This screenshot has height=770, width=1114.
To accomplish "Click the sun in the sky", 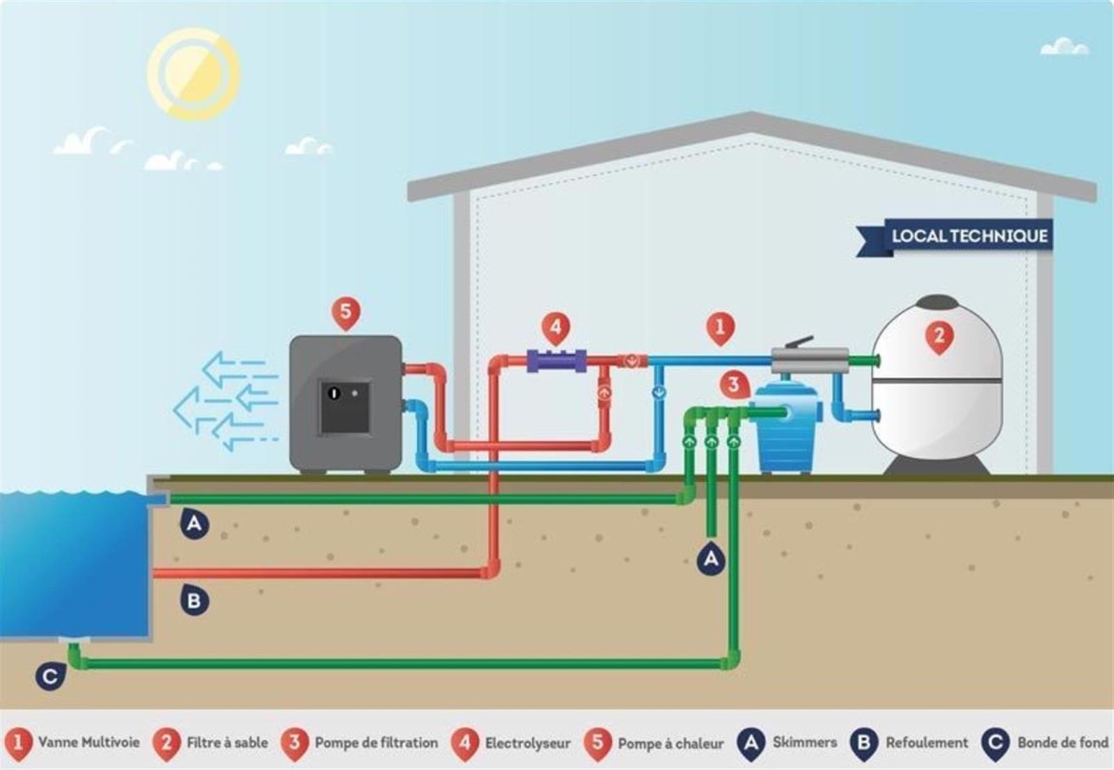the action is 194,74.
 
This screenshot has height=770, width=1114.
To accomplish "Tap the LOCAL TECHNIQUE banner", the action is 955,237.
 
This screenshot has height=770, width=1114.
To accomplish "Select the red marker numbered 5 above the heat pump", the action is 346,314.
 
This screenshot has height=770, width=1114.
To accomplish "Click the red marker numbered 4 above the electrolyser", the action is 556,328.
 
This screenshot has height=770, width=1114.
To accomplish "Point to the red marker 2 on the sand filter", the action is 939,337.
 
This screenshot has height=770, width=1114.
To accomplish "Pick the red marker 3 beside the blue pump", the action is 734,385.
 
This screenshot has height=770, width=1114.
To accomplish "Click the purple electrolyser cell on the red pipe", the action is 556,360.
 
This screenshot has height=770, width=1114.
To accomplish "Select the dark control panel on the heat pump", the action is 345,407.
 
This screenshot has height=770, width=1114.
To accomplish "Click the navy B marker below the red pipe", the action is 194,601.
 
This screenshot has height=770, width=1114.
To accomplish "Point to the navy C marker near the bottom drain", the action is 49,676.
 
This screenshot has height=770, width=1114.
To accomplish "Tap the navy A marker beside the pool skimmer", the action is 194,523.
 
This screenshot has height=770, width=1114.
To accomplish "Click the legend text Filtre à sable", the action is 227,743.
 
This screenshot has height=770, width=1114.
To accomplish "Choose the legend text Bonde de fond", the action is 1063,743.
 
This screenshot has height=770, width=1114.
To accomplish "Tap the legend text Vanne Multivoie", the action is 89,743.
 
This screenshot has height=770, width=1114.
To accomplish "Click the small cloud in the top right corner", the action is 1065,48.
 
